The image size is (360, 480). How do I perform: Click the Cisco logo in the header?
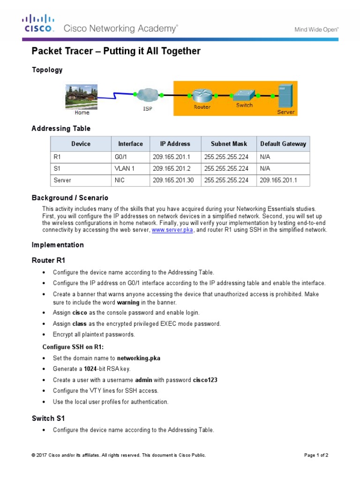pyautogui.click(x=38, y=24)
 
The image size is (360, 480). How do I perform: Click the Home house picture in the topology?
pyautogui.click(x=81, y=97)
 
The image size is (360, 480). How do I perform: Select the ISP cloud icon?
pyautogui.click(x=147, y=96)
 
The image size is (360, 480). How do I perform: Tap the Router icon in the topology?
pyautogui.click(x=202, y=95)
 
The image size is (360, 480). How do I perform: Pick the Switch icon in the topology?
pyautogui.click(x=244, y=95)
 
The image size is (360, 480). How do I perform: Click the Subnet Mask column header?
pyautogui.click(x=229, y=144)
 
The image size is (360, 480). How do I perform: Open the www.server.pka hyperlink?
pyautogui.click(x=172, y=230)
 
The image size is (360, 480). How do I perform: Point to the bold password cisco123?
pyautogui.click(x=205, y=380)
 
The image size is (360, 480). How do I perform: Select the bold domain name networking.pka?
pyautogui.click(x=138, y=358)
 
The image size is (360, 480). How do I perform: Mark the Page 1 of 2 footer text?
pyautogui.click(x=316, y=455)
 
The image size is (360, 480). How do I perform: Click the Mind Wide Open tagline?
pyautogui.click(x=316, y=29)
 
